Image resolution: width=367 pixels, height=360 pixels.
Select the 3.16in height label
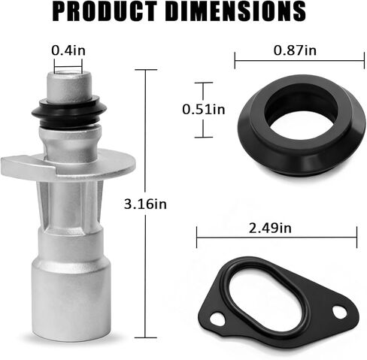point(146,203)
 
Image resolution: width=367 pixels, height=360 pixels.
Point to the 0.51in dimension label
point(204,110)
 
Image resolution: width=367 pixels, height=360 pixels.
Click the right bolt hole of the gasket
point(339,310)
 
